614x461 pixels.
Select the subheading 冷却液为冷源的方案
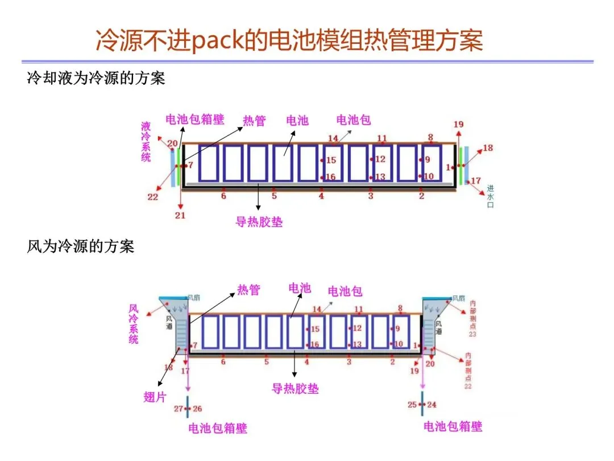pos(96,78)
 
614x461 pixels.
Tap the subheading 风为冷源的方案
pos(81,246)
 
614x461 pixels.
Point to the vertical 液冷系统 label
pos(146,141)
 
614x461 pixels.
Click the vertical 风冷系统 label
pos(134,323)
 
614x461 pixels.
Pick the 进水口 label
pos(490,196)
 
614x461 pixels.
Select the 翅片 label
pos(155,397)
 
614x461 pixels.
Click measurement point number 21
pos(180,215)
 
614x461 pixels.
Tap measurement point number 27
pos(179,409)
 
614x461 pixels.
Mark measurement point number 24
pos(432,405)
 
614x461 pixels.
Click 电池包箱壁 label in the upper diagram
pos(194,119)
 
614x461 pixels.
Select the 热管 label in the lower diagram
pos(248,290)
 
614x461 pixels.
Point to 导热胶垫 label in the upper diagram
pos(259,221)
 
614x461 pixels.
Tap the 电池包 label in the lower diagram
pos(345,291)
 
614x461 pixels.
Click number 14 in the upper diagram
pos(333,138)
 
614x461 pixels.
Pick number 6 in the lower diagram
pos(223,361)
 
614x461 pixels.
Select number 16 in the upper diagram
pos(331,177)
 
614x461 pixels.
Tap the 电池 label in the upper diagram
pos(297,120)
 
